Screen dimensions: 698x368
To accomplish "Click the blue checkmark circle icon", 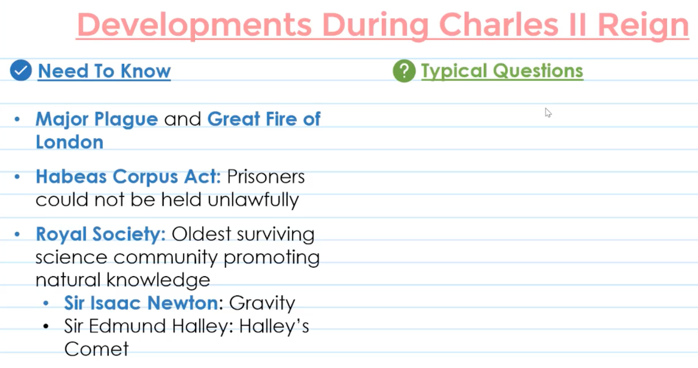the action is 21,70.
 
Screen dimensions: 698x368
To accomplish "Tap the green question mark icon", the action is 404,71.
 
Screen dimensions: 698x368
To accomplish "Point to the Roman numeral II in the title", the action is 578,24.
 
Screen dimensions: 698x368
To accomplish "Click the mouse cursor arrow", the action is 548,113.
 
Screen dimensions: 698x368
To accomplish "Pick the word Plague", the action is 126,120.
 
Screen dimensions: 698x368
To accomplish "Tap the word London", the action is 69,142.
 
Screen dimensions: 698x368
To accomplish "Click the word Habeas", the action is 72,176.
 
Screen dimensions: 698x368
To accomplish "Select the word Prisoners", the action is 266,177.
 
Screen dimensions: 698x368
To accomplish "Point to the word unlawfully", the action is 253,200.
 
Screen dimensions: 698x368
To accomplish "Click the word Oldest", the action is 201,234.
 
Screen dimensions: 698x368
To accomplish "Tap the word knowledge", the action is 158,280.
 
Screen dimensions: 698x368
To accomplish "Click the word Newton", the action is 183,303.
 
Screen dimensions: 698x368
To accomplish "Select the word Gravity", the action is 262,303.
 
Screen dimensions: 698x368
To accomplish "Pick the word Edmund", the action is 127,326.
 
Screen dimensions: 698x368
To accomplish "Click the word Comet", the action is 96,349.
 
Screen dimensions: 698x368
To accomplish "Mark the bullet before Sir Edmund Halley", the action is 46,327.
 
